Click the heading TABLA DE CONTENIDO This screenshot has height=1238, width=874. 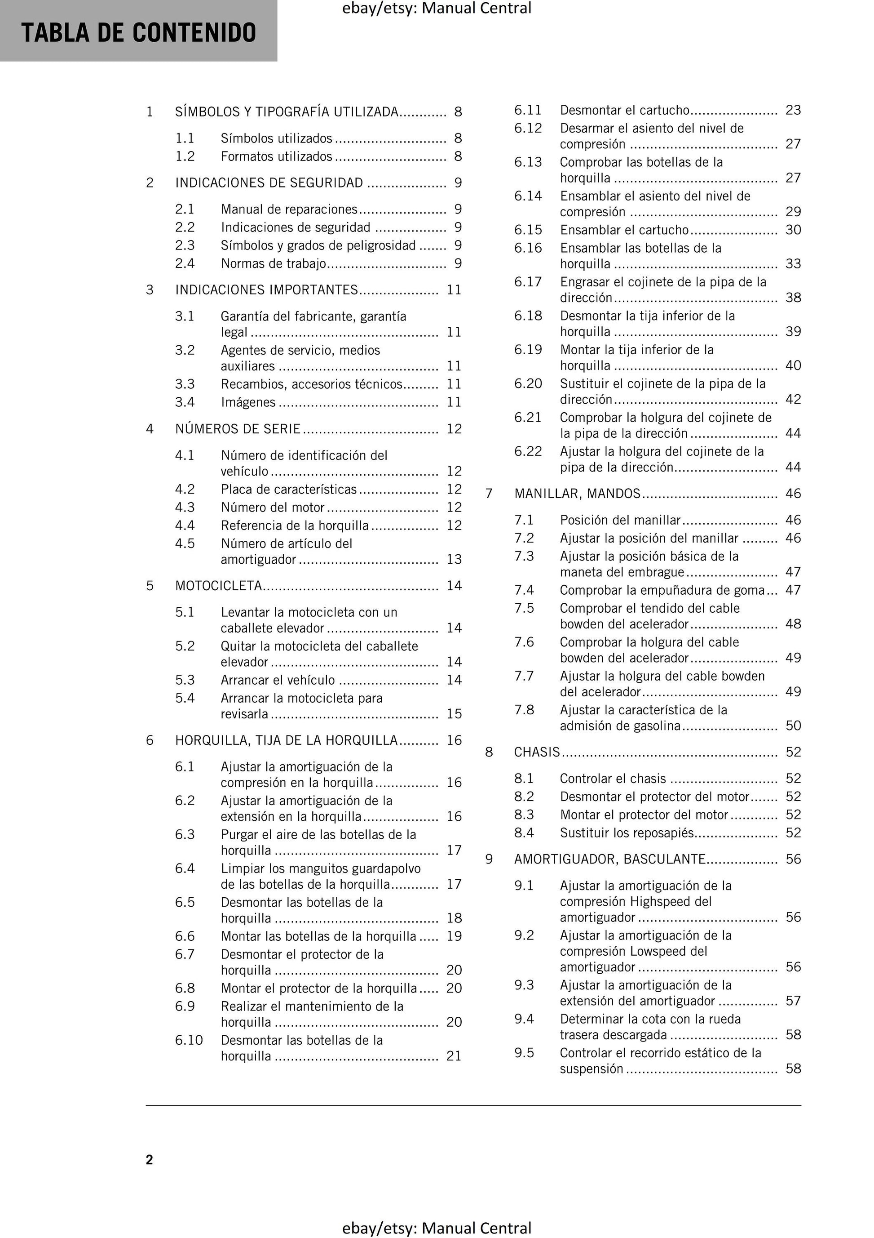tap(138, 32)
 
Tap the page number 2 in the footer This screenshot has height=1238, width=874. tap(149, 1160)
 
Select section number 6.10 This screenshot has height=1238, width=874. tap(189, 1040)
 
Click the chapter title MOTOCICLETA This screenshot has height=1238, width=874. tap(218, 586)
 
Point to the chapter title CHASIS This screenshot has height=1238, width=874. tap(537, 752)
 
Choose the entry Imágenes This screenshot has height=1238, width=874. tap(248, 402)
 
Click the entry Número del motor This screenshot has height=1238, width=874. tap(273, 508)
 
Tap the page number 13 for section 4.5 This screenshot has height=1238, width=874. tap(454, 559)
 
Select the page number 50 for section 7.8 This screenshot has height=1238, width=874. tap(793, 726)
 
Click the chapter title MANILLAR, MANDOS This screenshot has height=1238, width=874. tap(577, 494)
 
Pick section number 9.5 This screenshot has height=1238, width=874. tap(524, 1053)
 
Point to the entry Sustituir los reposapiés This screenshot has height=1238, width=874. tap(627, 833)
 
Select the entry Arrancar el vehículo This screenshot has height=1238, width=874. tap(278, 680)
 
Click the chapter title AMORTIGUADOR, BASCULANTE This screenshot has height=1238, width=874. tap(609, 859)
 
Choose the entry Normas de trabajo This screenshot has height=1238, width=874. tap(273, 264)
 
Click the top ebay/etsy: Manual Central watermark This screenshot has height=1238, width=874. tap(437, 8)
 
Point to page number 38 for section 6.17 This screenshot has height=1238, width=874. tap(793, 298)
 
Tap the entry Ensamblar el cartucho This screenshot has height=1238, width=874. tap(624, 230)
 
